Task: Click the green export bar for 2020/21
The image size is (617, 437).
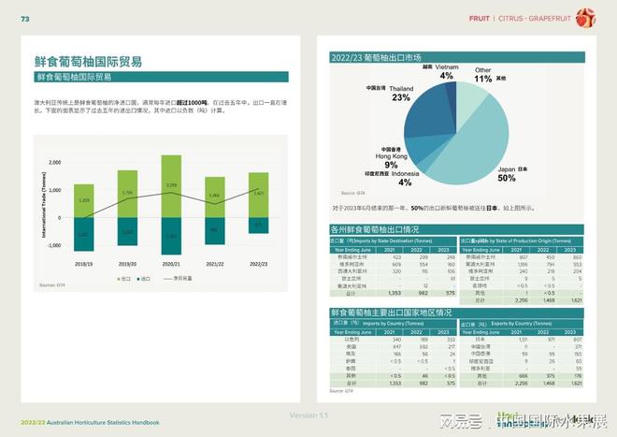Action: click(172, 186)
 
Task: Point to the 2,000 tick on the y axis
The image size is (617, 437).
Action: click(53, 162)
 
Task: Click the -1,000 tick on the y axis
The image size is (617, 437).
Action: click(53, 246)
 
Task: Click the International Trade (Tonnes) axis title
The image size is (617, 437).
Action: click(43, 204)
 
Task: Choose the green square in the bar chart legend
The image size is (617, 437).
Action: click(117, 279)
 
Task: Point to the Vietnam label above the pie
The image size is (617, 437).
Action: click(447, 68)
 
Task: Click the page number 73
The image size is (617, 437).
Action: click(25, 18)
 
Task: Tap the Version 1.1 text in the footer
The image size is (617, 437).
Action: click(308, 415)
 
